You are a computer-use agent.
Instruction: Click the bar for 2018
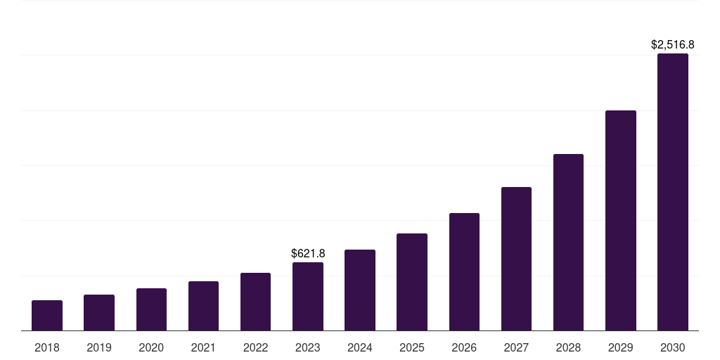click(47, 315)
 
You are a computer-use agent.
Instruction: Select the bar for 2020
click(151, 309)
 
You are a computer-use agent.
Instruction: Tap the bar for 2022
click(255, 302)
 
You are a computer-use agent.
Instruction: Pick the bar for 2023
click(308, 296)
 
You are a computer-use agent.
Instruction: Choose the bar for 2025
click(412, 282)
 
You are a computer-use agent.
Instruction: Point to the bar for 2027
click(516, 259)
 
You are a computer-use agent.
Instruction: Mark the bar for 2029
click(620, 220)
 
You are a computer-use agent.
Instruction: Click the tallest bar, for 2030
click(673, 192)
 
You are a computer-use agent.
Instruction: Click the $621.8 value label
click(308, 253)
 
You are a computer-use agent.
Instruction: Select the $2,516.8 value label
click(673, 44)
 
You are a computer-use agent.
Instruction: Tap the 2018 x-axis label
click(47, 347)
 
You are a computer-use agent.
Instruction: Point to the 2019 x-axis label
click(99, 347)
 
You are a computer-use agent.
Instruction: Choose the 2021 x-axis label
click(203, 347)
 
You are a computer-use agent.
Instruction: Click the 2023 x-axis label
click(308, 347)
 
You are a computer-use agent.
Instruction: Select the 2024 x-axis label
click(360, 347)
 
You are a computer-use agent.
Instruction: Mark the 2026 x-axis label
click(464, 347)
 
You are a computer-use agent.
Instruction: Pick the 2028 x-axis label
click(568, 347)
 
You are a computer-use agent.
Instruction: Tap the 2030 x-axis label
click(673, 347)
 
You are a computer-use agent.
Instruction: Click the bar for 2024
click(360, 290)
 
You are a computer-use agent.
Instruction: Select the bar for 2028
click(568, 242)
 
